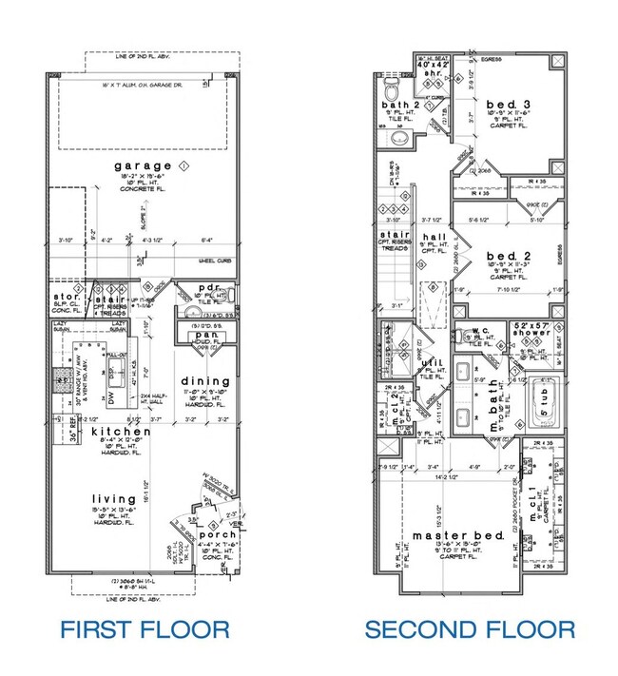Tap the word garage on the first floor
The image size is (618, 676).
(x=138, y=166)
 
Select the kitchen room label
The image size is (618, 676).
(x=121, y=433)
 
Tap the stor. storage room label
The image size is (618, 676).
(x=68, y=296)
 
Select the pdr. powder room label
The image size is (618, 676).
(x=209, y=287)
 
